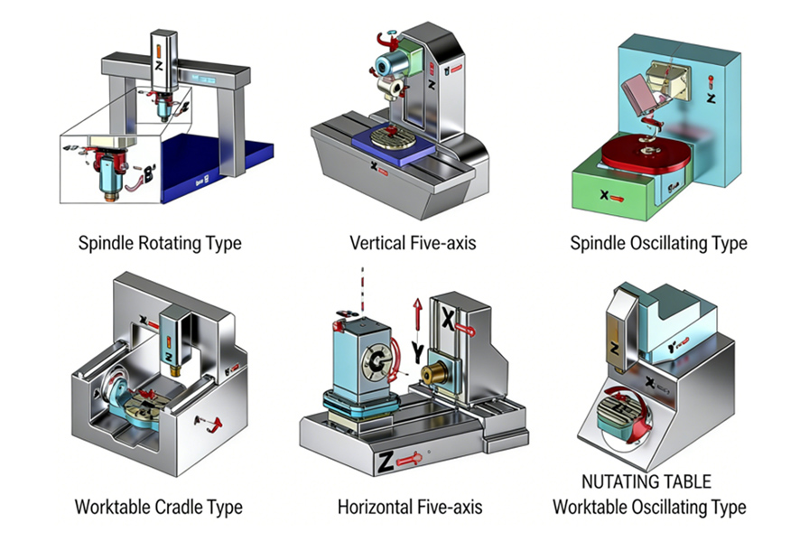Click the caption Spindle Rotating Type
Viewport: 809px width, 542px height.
coord(160,243)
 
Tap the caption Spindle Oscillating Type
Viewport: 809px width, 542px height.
coord(658,243)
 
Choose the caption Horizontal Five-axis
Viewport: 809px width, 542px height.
coord(410,506)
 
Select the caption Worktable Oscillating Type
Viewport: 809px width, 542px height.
coord(649,506)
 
